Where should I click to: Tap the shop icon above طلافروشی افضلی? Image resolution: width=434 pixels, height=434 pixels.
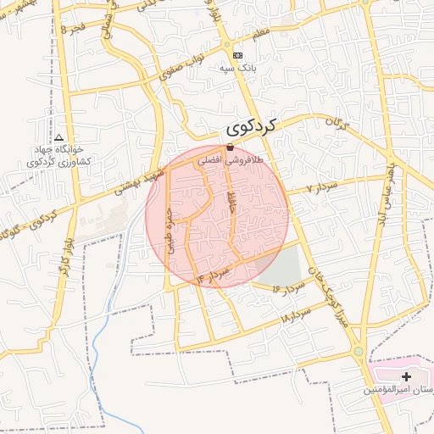point(230,147)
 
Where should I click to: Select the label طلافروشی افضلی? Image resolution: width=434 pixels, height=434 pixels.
point(231,159)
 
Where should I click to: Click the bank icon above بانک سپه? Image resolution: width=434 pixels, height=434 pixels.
point(236,54)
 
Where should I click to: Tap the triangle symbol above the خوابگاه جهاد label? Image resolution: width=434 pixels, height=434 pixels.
point(58,136)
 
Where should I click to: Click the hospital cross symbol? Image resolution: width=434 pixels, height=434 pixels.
point(406,376)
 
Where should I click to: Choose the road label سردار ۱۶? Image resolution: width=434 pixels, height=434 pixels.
point(287,289)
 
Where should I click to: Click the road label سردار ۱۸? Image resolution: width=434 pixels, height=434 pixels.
point(296,316)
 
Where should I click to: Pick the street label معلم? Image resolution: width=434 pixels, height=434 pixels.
point(261,32)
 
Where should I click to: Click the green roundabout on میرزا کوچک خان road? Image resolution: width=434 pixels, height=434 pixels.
point(359,351)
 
